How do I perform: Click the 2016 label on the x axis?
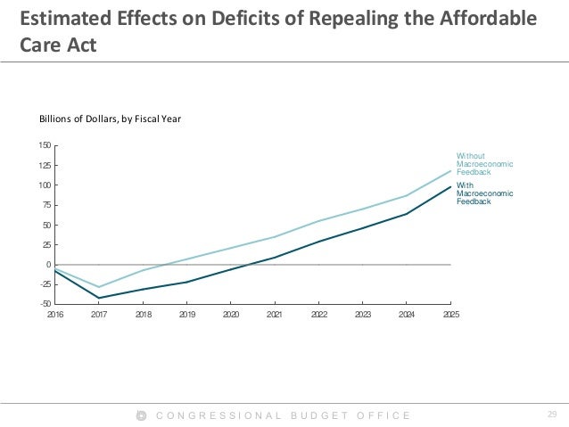(55, 316)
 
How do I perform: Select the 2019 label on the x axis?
(186, 316)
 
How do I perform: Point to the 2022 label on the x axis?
(318, 316)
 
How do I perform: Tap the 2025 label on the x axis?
(449, 316)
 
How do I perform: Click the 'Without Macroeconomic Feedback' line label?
(484, 164)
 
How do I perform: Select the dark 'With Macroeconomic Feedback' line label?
(484, 194)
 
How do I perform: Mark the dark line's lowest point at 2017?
(99, 298)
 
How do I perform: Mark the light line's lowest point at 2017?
(99, 287)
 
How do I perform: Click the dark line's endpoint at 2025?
(450, 186)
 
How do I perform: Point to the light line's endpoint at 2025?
(450, 171)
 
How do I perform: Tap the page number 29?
(550, 415)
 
